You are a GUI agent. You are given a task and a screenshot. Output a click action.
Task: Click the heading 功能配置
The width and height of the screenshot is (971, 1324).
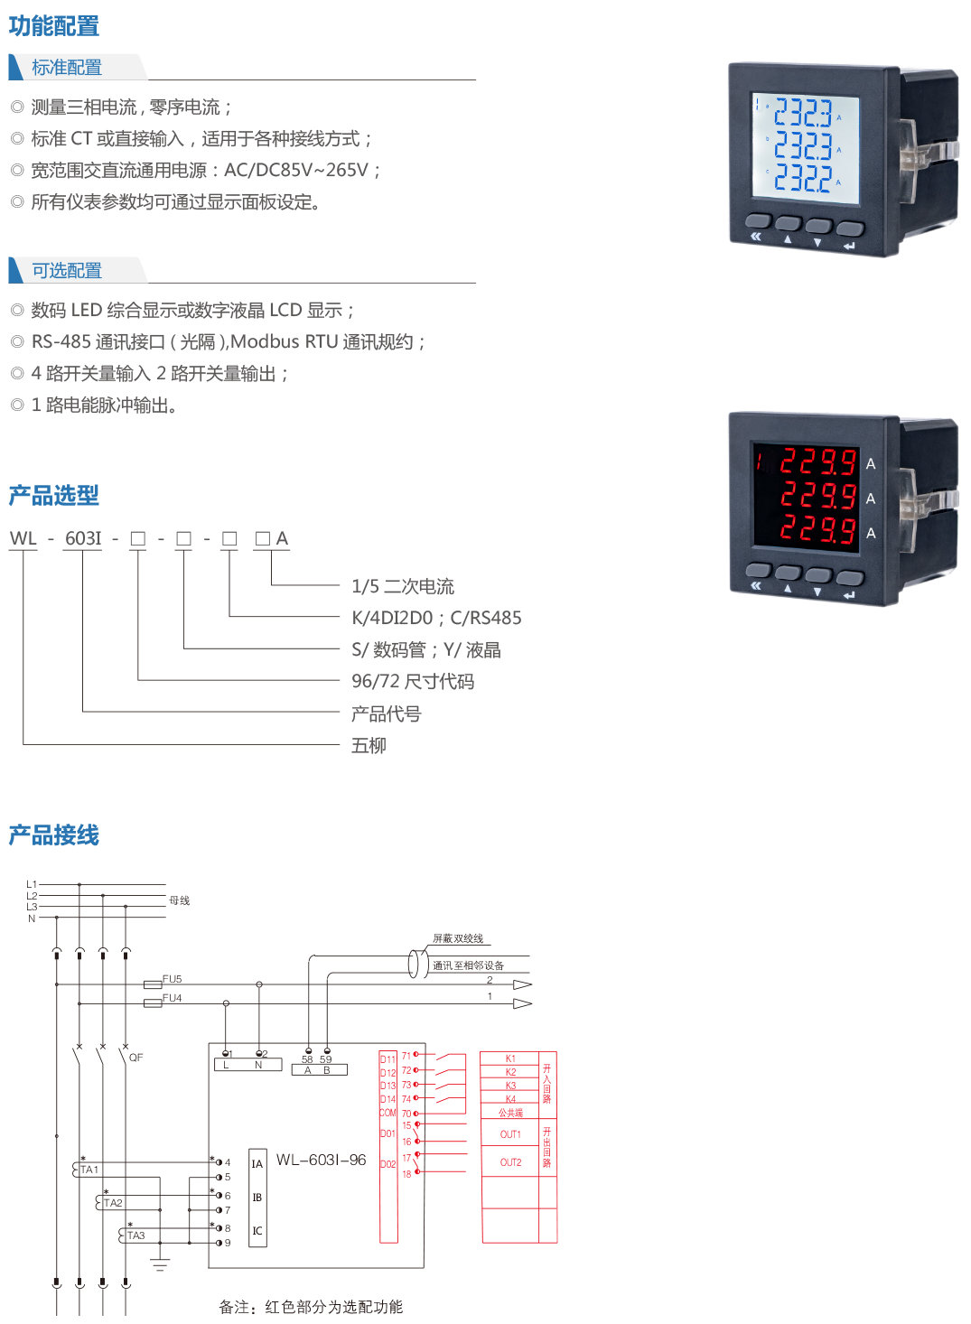[x=54, y=26]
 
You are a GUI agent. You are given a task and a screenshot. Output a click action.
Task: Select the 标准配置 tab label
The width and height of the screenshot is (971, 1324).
[x=67, y=68]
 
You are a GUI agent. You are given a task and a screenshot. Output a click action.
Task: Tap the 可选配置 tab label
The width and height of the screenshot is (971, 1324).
[x=67, y=271]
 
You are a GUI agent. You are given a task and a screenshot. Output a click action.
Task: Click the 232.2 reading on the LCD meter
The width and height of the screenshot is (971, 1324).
[x=802, y=177]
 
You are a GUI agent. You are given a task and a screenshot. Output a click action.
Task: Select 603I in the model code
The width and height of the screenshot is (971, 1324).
[x=83, y=539]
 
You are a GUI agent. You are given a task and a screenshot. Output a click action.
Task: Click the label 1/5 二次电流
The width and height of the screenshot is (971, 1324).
[x=403, y=587]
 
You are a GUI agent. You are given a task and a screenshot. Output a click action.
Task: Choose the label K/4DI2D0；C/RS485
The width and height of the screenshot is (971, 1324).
[x=436, y=619]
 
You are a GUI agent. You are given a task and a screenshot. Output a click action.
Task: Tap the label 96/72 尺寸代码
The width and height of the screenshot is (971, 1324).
[x=413, y=682]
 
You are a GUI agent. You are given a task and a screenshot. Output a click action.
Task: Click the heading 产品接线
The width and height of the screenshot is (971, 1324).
[x=54, y=835]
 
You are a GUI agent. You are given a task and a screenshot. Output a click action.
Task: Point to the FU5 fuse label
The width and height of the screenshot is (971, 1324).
[x=172, y=979]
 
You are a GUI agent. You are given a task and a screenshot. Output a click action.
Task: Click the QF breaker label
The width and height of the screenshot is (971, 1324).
[x=136, y=1057]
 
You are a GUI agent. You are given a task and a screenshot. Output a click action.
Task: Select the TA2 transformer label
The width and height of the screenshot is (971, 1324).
[x=113, y=1202]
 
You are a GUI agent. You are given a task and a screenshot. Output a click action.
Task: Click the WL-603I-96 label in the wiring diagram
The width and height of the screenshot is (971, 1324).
[x=321, y=1160]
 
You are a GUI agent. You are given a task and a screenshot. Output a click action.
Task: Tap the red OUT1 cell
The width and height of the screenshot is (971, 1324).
[x=510, y=1134]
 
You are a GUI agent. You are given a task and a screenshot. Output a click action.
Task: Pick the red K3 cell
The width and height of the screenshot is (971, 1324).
[x=510, y=1086]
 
